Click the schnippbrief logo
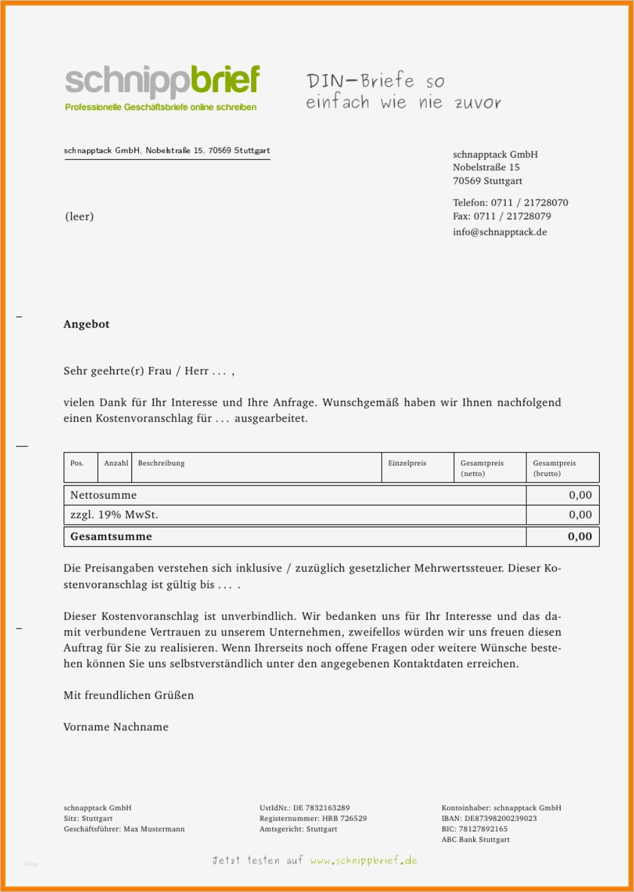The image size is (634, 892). (162, 81)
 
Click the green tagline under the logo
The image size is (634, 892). (161, 107)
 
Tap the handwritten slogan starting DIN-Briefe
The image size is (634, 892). (403, 92)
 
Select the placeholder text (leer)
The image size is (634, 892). (79, 217)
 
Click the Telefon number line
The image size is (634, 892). (510, 203)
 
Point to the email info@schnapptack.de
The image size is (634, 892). (499, 232)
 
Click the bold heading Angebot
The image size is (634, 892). (87, 324)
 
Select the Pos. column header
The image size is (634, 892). (77, 463)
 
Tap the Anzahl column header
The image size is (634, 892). (116, 463)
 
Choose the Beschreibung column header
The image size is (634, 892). (161, 463)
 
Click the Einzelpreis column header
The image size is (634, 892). (407, 463)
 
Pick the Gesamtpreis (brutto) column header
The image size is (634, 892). (554, 468)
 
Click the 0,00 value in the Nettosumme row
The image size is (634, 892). (580, 495)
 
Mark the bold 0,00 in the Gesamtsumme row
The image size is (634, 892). (580, 537)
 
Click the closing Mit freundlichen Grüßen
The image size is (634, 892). (128, 695)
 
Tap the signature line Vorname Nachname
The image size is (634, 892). (116, 727)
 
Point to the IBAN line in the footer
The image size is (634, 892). (489, 819)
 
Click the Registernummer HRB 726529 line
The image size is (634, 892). (313, 819)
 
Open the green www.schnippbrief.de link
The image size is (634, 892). (364, 861)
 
